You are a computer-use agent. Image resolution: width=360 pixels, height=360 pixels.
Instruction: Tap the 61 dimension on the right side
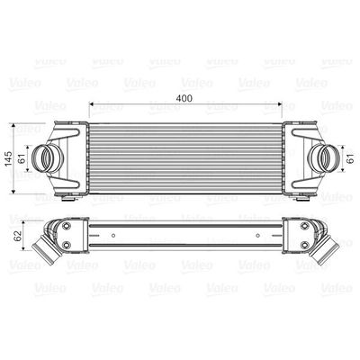pos(348,158)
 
